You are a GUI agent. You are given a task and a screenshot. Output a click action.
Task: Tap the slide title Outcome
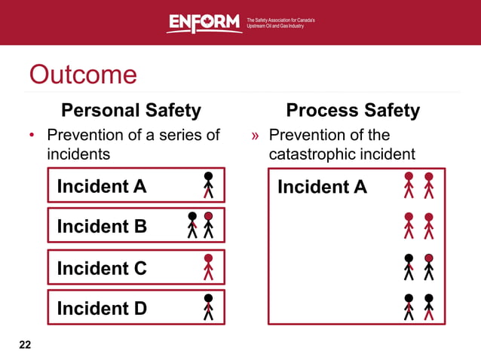point(83,75)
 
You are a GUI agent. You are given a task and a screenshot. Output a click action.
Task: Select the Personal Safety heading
point(131,111)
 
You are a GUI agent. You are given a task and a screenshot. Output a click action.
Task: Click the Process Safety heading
point(353,111)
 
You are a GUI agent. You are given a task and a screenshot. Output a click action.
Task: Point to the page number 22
point(25,345)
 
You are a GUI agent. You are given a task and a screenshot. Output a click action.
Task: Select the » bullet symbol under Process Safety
point(256,136)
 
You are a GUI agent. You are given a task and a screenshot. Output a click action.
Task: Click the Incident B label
point(102,226)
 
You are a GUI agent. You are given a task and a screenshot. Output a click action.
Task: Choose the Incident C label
point(102,267)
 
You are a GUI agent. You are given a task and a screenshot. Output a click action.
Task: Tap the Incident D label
point(102,308)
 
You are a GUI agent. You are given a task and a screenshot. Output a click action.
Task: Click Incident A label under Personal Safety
point(102,185)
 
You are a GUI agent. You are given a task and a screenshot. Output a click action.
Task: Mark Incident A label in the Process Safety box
point(322,186)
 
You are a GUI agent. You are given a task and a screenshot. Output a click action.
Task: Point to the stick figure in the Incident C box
point(209,266)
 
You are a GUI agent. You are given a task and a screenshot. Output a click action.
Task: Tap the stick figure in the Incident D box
point(209,307)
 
